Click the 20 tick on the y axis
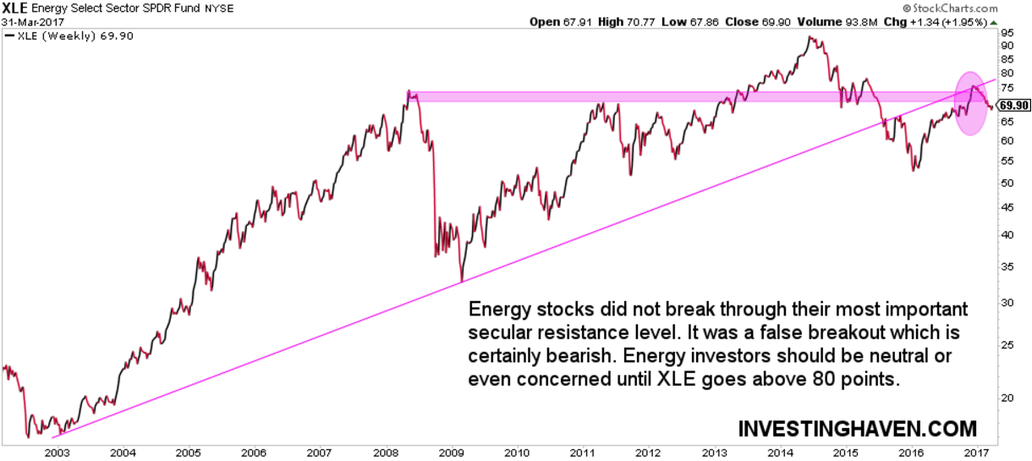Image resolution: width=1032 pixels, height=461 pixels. (x=1007, y=396)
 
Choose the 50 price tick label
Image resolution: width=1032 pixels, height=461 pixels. (x=1007, y=182)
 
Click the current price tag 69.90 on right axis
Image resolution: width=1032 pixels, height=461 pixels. (x=1013, y=106)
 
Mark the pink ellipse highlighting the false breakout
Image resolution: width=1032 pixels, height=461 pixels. (x=971, y=103)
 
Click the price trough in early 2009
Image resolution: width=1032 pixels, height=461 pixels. (x=461, y=281)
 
